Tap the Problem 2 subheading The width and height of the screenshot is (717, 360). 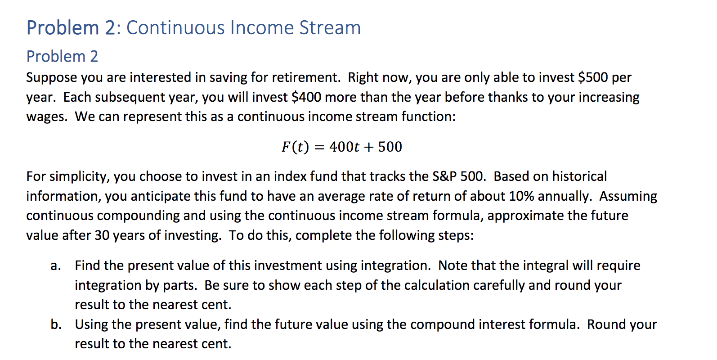(x=62, y=56)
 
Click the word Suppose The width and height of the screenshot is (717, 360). (x=52, y=77)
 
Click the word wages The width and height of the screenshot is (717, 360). (x=46, y=117)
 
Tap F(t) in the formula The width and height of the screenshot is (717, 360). (x=295, y=147)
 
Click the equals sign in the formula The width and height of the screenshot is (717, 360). (x=319, y=147)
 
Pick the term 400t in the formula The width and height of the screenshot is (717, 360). (x=344, y=147)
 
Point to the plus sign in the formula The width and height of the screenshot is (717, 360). (x=369, y=147)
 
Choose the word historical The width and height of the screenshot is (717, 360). (x=579, y=176)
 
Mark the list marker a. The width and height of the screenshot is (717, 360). (x=55, y=265)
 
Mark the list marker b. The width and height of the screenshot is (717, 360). (x=56, y=324)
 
